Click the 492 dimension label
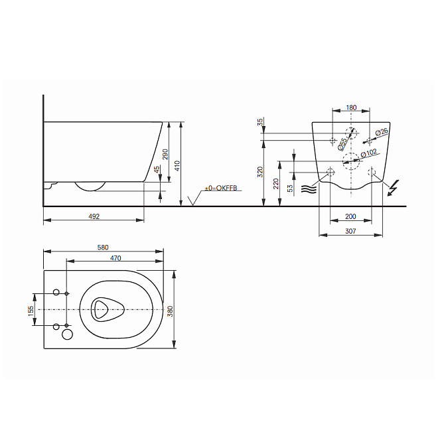click(x=94, y=216)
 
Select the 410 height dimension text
click(x=177, y=166)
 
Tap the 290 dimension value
click(x=165, y=154)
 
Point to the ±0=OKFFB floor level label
click(x=221, y=188)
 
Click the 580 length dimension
click(x=103, y=248)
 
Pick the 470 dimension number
click(x=115, y=258)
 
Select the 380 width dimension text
click(x=170, y=311)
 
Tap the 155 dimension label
click(x=31, y=309)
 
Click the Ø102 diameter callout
click(x=369, y=153)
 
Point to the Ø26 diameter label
click(x=382, y=132)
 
